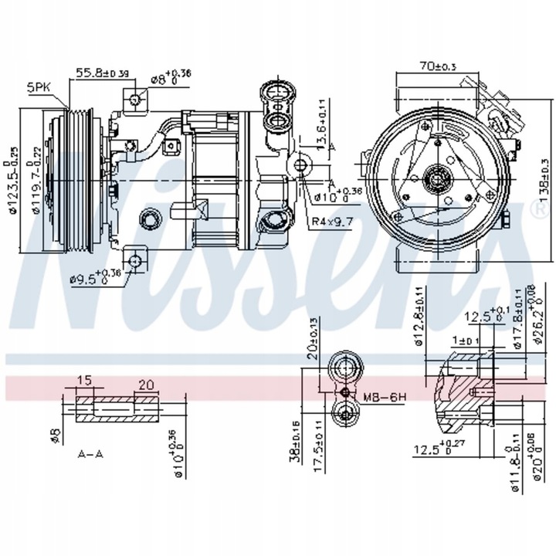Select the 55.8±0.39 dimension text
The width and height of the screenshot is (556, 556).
pyautogui.click(x=102, y=73)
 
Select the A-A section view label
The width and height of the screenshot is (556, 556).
pyautogui.click(x=92, y=454)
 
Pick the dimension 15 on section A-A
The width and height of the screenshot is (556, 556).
pyautogui.click(x=84, y=381)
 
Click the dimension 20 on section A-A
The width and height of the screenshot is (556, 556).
pyautogui.click(x=146, y=385)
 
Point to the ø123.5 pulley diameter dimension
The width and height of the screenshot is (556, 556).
pyautogui.click(x=12, y=181)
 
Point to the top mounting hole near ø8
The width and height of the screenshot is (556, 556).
pyautogui.click(x=136, y=100)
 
